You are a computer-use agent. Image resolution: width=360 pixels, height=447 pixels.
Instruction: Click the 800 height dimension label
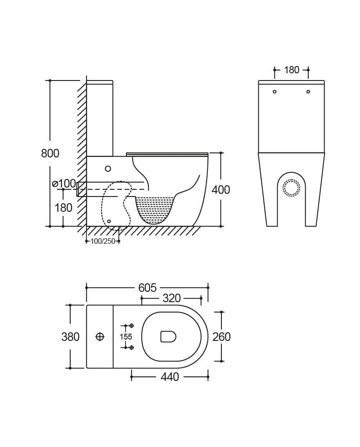50,153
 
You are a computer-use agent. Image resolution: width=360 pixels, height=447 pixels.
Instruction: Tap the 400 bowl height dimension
221,190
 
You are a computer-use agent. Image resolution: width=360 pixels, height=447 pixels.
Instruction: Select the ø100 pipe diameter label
64,183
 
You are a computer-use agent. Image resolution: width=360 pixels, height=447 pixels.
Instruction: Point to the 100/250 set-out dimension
103,241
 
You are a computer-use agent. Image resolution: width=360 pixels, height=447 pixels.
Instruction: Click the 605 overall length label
148,288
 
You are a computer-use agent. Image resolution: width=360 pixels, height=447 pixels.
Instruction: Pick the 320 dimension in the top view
172,298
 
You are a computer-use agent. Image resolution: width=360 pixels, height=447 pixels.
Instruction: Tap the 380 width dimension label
71,337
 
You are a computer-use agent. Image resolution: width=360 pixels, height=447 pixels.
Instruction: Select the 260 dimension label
221,337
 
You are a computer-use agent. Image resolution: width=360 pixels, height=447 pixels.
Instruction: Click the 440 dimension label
170,377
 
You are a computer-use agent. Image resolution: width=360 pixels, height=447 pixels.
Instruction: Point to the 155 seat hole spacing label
126,337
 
